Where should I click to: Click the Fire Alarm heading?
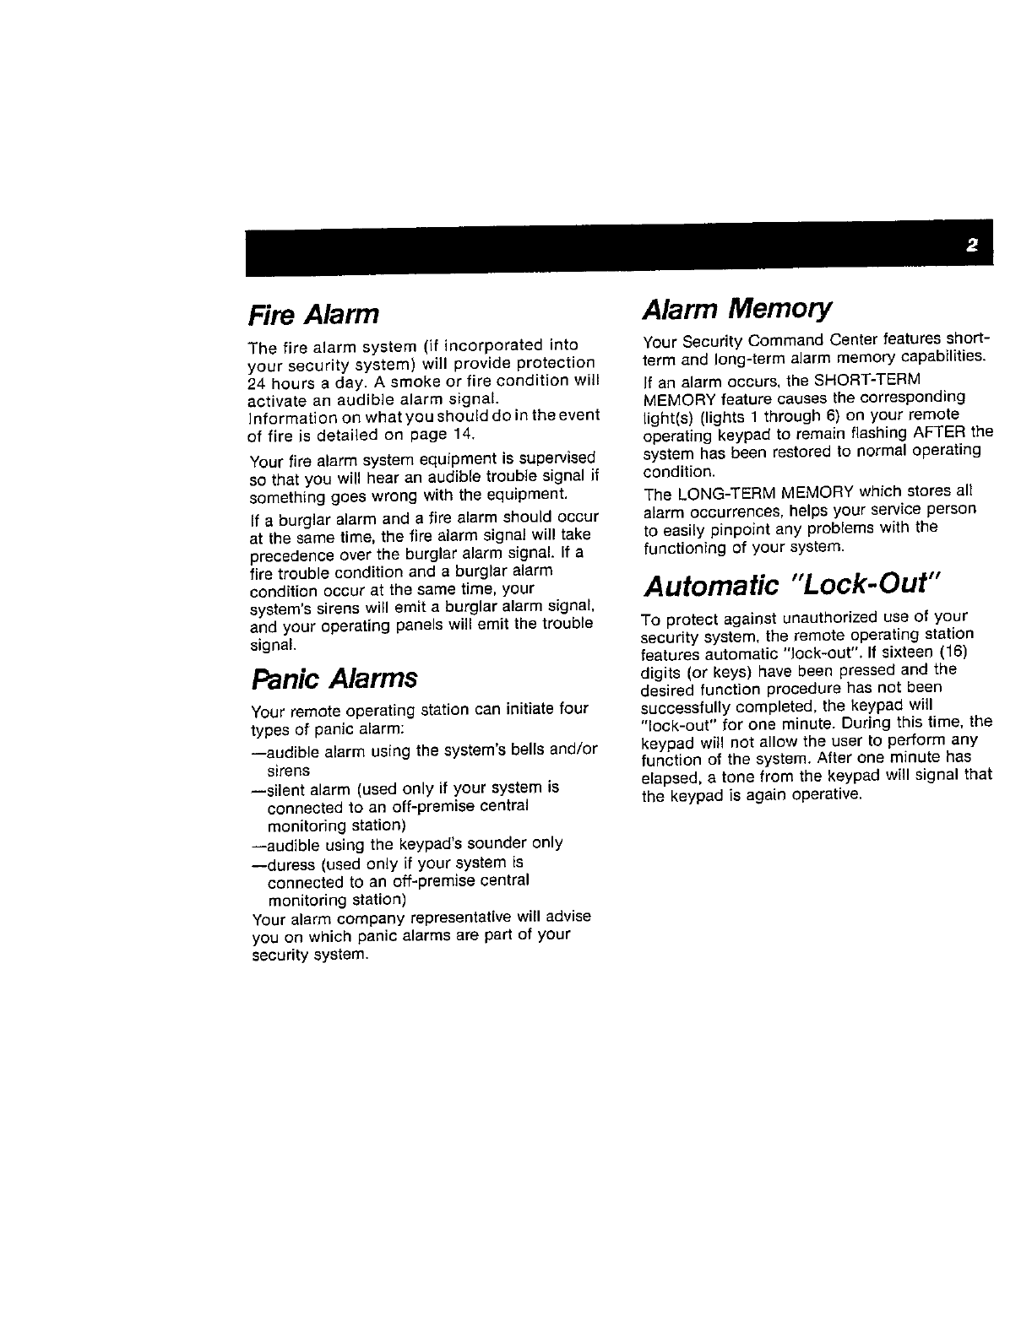[x=313, y=315]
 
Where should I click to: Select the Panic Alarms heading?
[x=334, y=678]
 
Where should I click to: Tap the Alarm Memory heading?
[x=737, y=309]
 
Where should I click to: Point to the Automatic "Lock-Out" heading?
[x=790, y=584]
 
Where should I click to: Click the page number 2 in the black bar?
[x=971, y=246]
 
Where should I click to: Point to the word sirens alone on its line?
[x=288, y=771]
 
